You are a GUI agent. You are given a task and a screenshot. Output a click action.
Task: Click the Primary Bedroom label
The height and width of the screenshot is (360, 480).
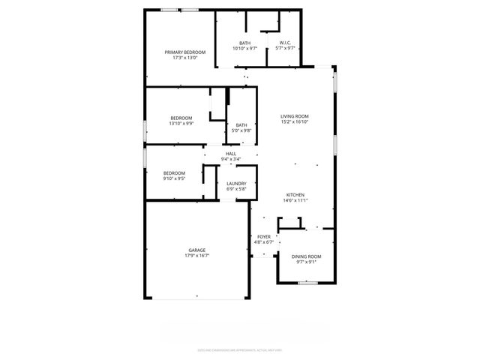tap(184, 52)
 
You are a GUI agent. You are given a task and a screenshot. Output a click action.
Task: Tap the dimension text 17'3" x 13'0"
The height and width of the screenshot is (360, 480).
tap(184, 58)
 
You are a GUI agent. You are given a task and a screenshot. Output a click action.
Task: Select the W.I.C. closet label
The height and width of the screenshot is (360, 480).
tap(285, 43)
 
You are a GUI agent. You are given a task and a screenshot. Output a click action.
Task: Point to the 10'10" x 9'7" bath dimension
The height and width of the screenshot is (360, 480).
tap(245, 49)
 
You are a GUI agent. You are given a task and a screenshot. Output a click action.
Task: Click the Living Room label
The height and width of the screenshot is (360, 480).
tap(295, 116)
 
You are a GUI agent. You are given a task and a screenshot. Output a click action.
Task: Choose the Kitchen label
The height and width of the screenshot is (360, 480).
tap(295, 194)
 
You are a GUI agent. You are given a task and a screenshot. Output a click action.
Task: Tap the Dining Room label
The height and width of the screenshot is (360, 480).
tap(306, 256)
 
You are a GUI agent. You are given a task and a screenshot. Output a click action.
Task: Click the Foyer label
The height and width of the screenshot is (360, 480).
tap(263, 236)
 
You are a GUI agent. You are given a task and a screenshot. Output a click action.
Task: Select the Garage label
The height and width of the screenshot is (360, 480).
tap(196, 250)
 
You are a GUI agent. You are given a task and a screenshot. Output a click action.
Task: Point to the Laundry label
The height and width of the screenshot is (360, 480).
tap(237, 183)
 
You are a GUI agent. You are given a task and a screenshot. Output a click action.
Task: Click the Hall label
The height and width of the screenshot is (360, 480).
tap(231, 154)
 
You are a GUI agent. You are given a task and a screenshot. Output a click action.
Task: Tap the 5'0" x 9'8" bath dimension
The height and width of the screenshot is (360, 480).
tap(241, 130)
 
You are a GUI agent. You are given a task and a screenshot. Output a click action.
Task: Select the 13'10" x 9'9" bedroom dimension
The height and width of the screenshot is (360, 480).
tap(181, 124)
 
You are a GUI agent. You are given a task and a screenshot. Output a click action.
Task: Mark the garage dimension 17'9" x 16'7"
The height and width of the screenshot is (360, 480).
tap(196, 256)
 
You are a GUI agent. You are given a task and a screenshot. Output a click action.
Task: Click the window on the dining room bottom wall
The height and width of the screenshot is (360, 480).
tap(306, 283)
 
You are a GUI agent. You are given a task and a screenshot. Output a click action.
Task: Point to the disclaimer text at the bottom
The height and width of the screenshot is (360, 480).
tap(239, 349)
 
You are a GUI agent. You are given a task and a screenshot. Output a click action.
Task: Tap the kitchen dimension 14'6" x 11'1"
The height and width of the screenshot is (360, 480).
tap(295, 200)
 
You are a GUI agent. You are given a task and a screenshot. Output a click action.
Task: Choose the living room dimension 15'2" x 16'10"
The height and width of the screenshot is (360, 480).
tap(295, 122)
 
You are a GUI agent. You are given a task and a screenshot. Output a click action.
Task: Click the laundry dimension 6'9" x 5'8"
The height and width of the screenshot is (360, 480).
tap(237, 189)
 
